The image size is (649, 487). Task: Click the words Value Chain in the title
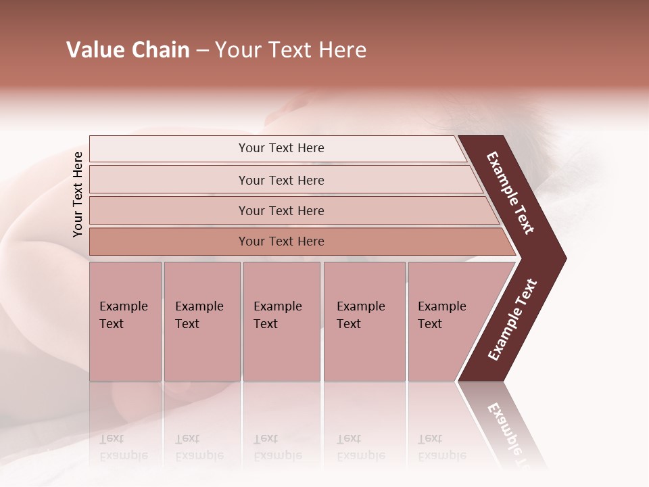tap(128, 50)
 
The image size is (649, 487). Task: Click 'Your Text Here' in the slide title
tap(291, 50)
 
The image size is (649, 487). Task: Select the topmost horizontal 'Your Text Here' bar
tap(281, 148)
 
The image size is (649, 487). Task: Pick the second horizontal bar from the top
tap(281, 180)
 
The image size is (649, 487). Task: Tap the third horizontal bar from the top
tap(281, 210)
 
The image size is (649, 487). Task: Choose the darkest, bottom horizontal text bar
tap(281, 241)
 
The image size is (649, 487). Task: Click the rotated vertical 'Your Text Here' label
tap(78, 194)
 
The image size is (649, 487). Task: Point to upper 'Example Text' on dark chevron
tap(510, 193)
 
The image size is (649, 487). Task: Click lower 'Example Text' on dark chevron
tap(512, 320)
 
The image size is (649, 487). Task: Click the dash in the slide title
tap(202, 50)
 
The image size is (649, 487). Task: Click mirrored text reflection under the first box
tap(124, 447)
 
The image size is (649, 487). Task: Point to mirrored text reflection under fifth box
tap(442, 447)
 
